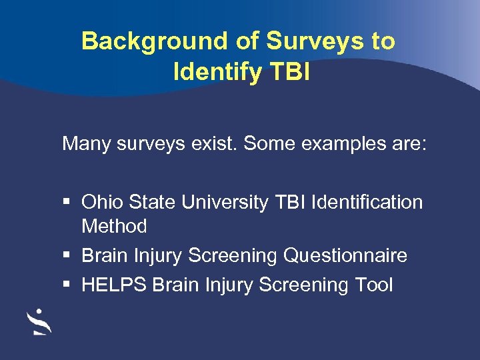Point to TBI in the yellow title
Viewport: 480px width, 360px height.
pos(287,71)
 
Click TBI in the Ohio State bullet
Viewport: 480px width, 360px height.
pos(290,202)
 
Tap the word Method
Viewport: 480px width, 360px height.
pos(114,226)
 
